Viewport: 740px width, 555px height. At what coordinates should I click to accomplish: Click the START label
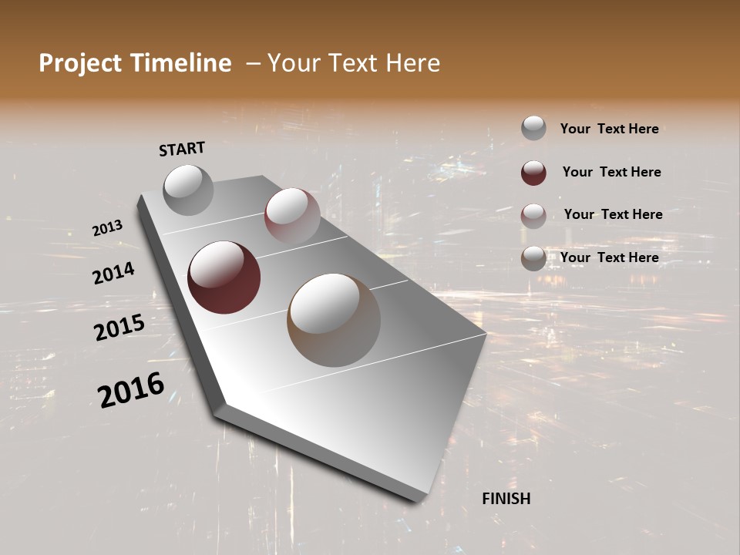[182, 149]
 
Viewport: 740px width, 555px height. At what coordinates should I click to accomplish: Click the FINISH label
[506, 499]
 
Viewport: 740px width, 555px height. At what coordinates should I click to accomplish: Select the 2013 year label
[108, 228]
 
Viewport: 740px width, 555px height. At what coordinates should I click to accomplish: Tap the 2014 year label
[113, 273]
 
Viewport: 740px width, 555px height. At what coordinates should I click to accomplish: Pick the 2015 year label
[119, 327]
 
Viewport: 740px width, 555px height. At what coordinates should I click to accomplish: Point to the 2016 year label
[131, 389]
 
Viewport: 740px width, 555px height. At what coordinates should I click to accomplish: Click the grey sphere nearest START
[189, 190]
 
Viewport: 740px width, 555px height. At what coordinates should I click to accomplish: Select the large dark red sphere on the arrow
[224, 277]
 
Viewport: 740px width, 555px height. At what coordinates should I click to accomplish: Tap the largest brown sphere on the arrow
[334, 319]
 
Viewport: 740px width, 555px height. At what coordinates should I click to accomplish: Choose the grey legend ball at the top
[533, 128]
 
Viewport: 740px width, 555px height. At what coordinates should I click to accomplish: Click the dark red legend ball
[533, 173]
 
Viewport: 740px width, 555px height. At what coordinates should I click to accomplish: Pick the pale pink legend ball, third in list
[533, 215]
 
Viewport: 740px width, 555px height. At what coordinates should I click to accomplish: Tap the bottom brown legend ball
[533, 258]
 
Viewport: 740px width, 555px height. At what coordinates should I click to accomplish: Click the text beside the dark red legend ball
[611, 172]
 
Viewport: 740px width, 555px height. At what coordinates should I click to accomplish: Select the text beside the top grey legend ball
[609, 129]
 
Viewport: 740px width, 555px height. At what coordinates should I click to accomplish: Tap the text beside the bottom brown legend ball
[609, 257]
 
